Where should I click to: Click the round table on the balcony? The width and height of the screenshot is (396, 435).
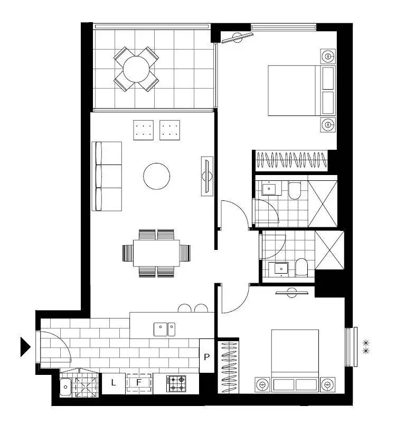pos(137,69)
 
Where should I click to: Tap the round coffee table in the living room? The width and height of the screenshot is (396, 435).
pos(157,176)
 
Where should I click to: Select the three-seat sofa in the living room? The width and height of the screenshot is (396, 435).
pos(107,176)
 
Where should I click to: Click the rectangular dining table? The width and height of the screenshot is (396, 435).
pos(157,253)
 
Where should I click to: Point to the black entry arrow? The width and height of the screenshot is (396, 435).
pos(25,346)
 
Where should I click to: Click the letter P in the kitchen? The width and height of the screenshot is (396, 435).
pos(207,356)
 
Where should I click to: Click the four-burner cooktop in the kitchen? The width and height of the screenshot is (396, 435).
pos(176,383)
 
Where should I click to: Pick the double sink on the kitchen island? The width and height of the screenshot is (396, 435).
pos(165,330)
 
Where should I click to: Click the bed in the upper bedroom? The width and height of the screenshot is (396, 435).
pos(298,90)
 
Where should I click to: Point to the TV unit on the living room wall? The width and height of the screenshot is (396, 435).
pos(207,176)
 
